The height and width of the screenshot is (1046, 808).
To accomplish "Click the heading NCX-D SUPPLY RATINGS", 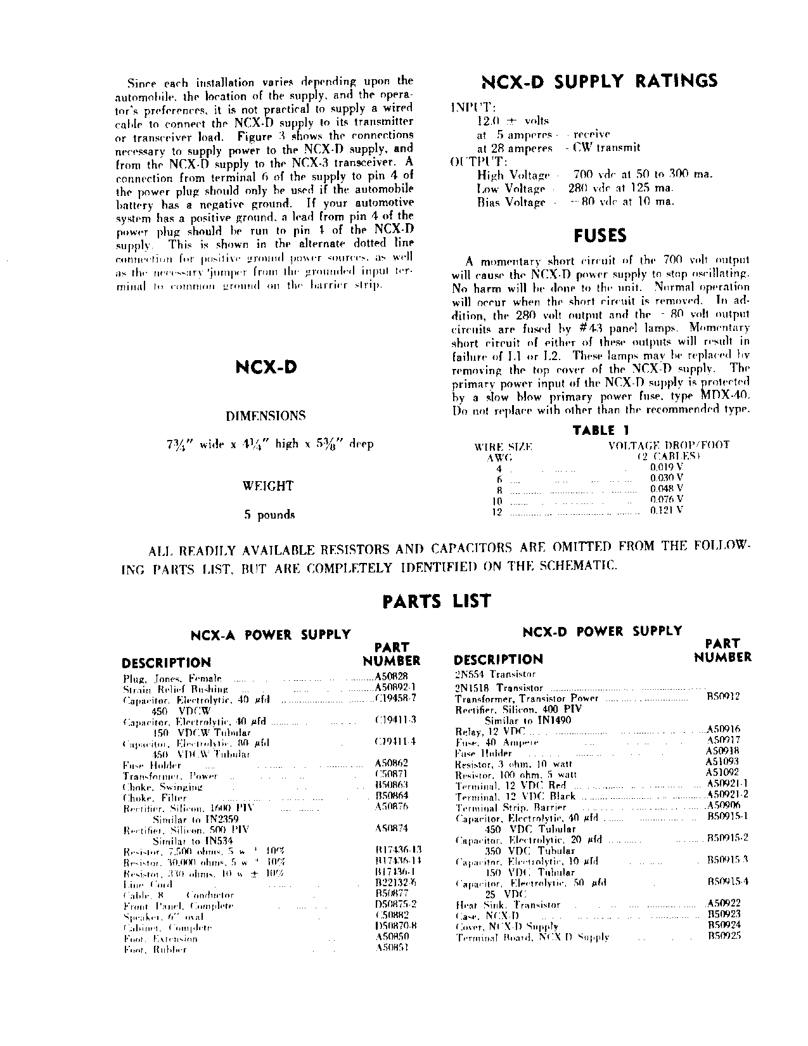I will (599, 81).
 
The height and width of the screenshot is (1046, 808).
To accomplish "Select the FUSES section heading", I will (600, 236).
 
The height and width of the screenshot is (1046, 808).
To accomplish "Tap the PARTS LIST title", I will (437, 600).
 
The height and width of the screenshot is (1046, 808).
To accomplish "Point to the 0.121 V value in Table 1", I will (667, 510).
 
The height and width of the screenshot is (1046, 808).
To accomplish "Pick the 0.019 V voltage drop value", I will (667, 467).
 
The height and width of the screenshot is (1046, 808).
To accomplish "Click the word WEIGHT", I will (268, 486).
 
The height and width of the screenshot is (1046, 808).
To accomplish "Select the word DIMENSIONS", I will (266, 416).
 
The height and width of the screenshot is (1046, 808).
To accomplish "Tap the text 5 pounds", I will (269, 515).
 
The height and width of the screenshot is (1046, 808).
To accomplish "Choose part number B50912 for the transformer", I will (723, 697).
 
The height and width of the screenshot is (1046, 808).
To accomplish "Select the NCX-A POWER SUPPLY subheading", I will (271, 634).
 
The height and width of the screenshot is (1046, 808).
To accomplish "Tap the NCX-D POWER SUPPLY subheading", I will (602, 631).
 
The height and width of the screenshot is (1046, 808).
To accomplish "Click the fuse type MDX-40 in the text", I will (725, 396).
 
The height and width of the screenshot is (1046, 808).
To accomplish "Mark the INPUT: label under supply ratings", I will (467, 107).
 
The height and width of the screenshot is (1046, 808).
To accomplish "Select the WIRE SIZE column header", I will (503, 446).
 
